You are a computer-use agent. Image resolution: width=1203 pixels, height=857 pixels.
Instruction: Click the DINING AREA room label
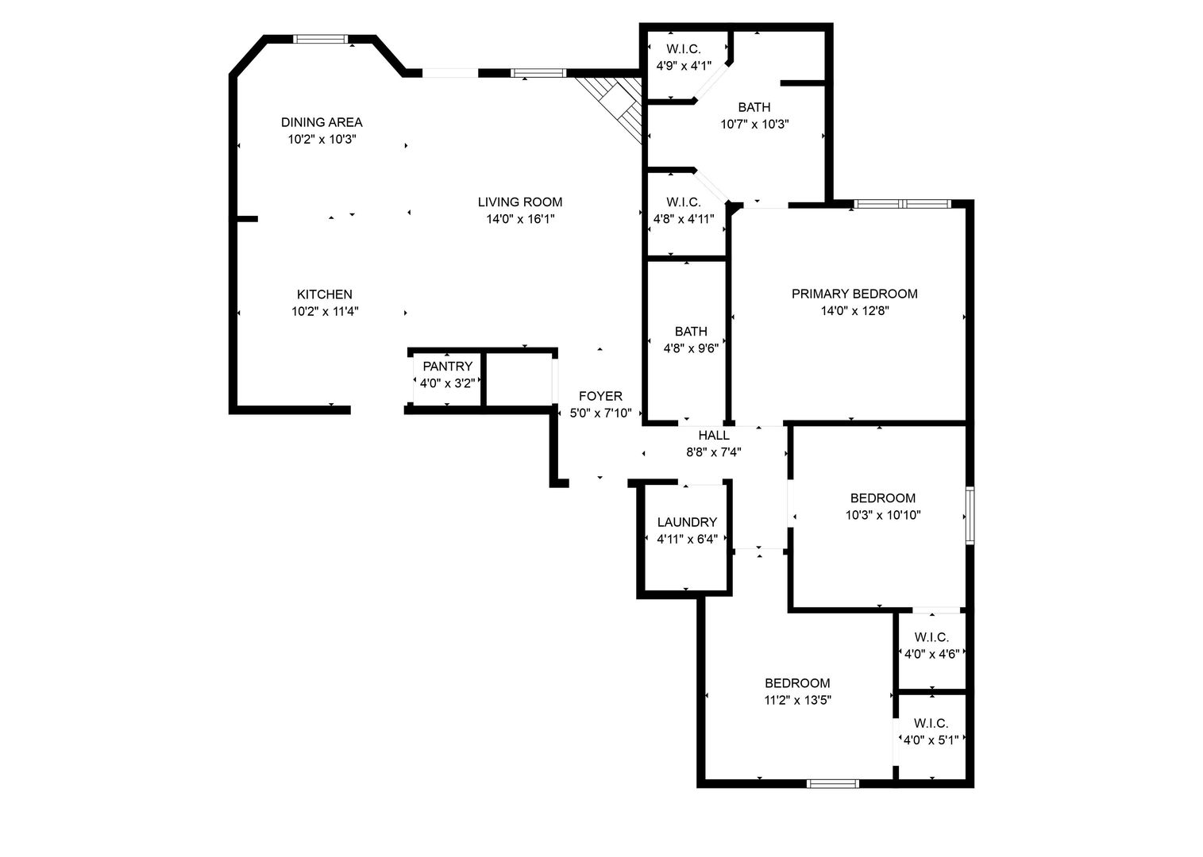322,122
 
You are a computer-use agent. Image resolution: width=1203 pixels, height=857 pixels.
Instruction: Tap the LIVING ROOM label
520,202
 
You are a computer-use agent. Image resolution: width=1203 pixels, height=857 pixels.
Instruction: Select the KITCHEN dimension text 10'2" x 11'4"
325,311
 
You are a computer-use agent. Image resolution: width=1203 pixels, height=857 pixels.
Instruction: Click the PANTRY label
447,367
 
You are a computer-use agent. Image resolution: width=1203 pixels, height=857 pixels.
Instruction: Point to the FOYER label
600,396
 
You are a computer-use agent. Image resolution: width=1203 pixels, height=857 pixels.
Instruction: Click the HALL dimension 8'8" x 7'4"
714,452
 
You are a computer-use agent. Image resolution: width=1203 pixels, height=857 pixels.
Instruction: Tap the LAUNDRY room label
687,522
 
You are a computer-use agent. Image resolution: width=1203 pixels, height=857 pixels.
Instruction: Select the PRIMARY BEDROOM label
854,294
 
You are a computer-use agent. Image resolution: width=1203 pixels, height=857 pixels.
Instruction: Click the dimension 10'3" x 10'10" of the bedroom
883,515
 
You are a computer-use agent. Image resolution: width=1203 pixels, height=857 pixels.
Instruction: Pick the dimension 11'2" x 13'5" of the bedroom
797,701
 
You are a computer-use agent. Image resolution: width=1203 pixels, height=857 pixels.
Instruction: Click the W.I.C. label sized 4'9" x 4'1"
684,49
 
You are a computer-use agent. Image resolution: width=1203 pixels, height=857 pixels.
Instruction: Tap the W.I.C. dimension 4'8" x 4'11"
684,219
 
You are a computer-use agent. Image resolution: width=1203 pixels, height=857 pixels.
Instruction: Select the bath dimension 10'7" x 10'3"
754,125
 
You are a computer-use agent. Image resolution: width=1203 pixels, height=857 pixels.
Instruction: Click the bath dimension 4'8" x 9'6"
691,348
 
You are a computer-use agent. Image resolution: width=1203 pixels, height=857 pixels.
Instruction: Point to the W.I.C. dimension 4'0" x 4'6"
931,654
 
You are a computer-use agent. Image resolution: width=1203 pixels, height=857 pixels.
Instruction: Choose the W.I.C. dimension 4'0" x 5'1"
931,740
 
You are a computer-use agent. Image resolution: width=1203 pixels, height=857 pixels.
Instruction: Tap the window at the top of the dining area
320,39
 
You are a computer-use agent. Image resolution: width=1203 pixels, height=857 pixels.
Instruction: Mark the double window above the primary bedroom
902,204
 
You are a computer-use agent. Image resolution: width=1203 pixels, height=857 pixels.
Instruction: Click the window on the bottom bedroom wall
832,784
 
